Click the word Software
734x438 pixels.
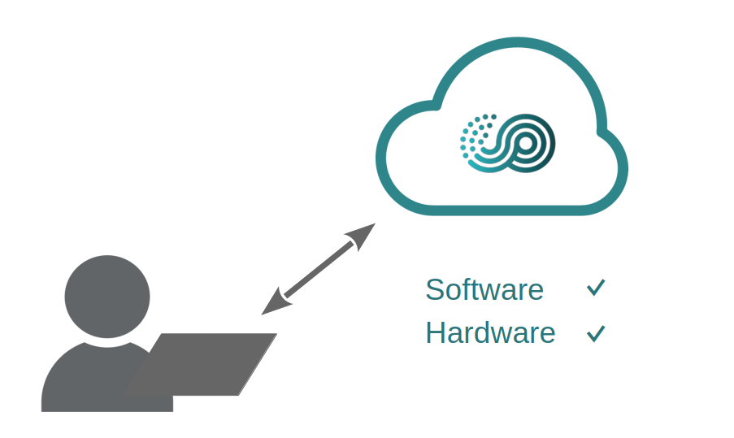[484, 289]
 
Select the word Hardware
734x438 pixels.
[490, 332]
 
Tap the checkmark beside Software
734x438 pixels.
[596, 288]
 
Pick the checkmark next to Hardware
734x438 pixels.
[596, 332]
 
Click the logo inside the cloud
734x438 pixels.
[507, 145]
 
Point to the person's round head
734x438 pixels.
[107, 297]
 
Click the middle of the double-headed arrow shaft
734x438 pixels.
[318, 268]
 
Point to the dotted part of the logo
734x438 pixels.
[476, 135]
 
